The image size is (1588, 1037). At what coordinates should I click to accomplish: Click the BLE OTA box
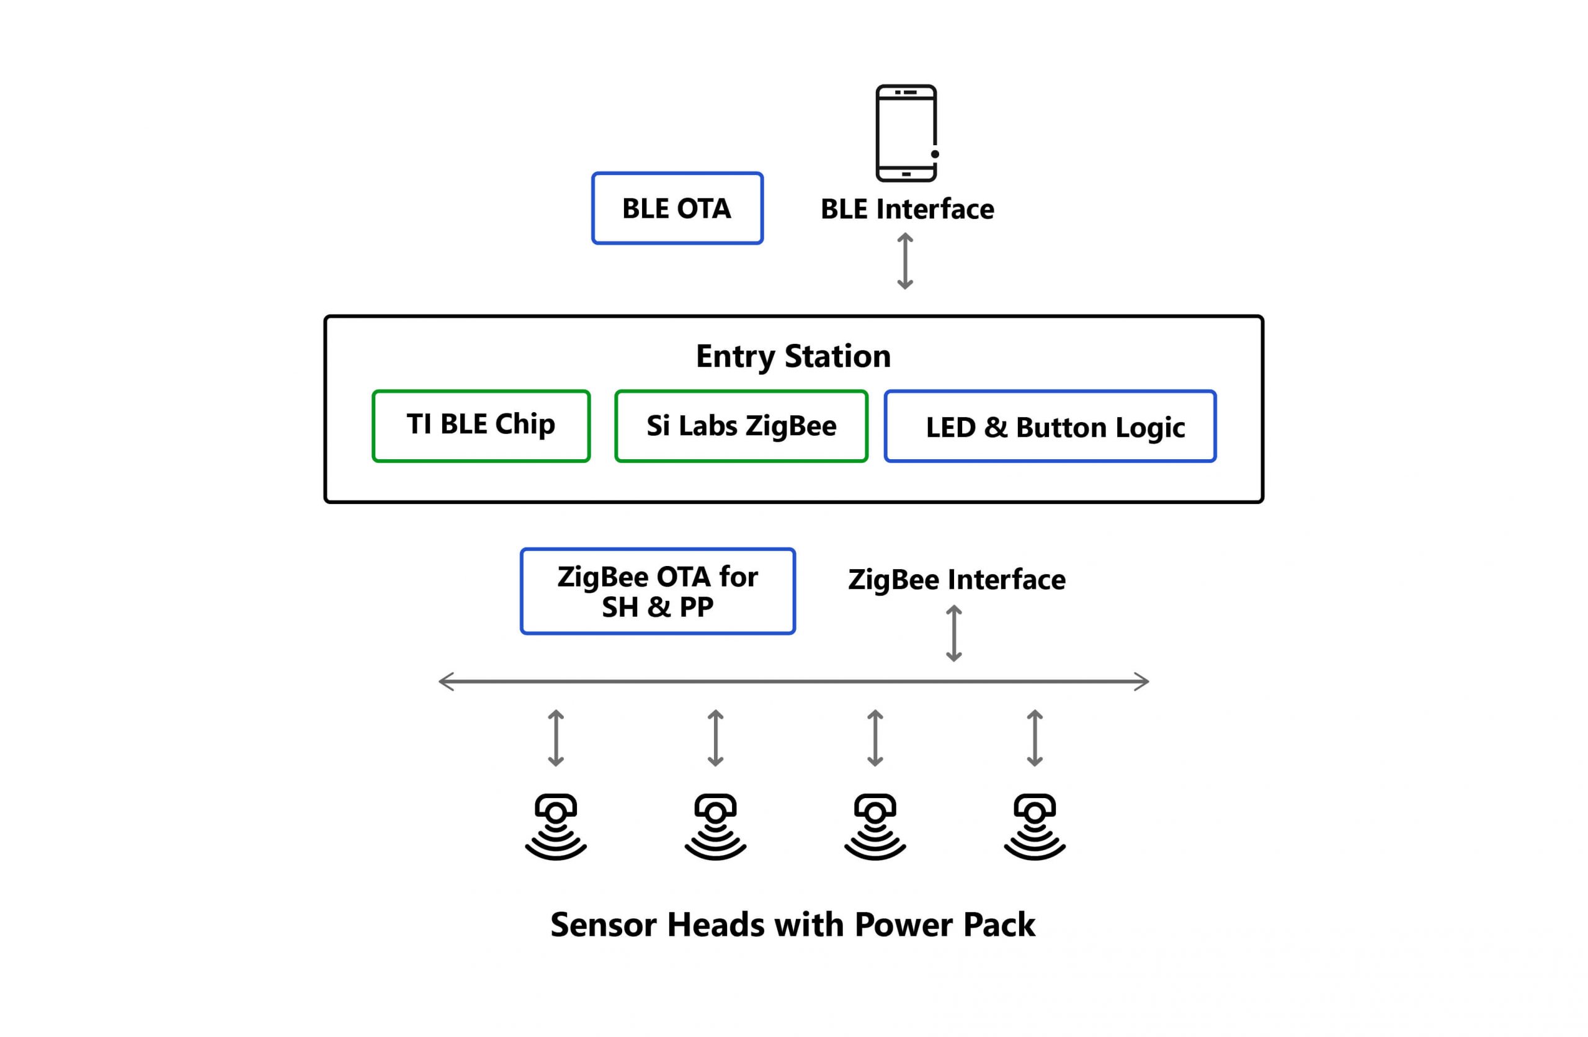(x=677, y=208)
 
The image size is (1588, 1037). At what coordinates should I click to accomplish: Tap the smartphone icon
(x=907, y=133)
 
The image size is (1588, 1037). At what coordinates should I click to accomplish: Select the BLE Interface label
(x=907, y=209)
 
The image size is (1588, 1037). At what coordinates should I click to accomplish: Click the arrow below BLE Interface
(x=905, y=261)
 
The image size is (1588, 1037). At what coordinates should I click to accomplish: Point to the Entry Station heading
(x=793, y=356)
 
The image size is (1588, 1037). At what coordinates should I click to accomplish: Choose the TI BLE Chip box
(x=481, y=426)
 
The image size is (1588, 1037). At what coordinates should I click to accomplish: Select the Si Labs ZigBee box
(x=741, y=426)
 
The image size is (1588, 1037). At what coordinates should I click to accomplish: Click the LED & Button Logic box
(x=1050, y=426)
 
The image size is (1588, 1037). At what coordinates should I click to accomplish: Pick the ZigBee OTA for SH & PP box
(x=658, y=591)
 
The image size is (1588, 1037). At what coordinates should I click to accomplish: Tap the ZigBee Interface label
(x=957, y=579)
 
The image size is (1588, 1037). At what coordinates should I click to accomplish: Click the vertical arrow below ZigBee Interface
(x=954, y=633)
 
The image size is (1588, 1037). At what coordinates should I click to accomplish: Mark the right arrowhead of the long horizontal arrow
(x=1141, y=681)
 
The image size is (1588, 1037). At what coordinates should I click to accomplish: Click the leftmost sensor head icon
(x=556, y=827)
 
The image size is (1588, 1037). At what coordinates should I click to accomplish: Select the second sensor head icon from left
(x=715, y=827)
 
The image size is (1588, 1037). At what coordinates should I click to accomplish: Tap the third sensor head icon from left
(x=875, y=827)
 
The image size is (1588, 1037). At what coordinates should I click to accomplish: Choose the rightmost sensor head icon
(x=1035, y=827)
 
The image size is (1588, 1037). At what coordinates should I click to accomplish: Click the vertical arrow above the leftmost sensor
(x=556, y=738)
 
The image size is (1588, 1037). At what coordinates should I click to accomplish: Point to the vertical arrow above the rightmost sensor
(x=1035, y=738)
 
